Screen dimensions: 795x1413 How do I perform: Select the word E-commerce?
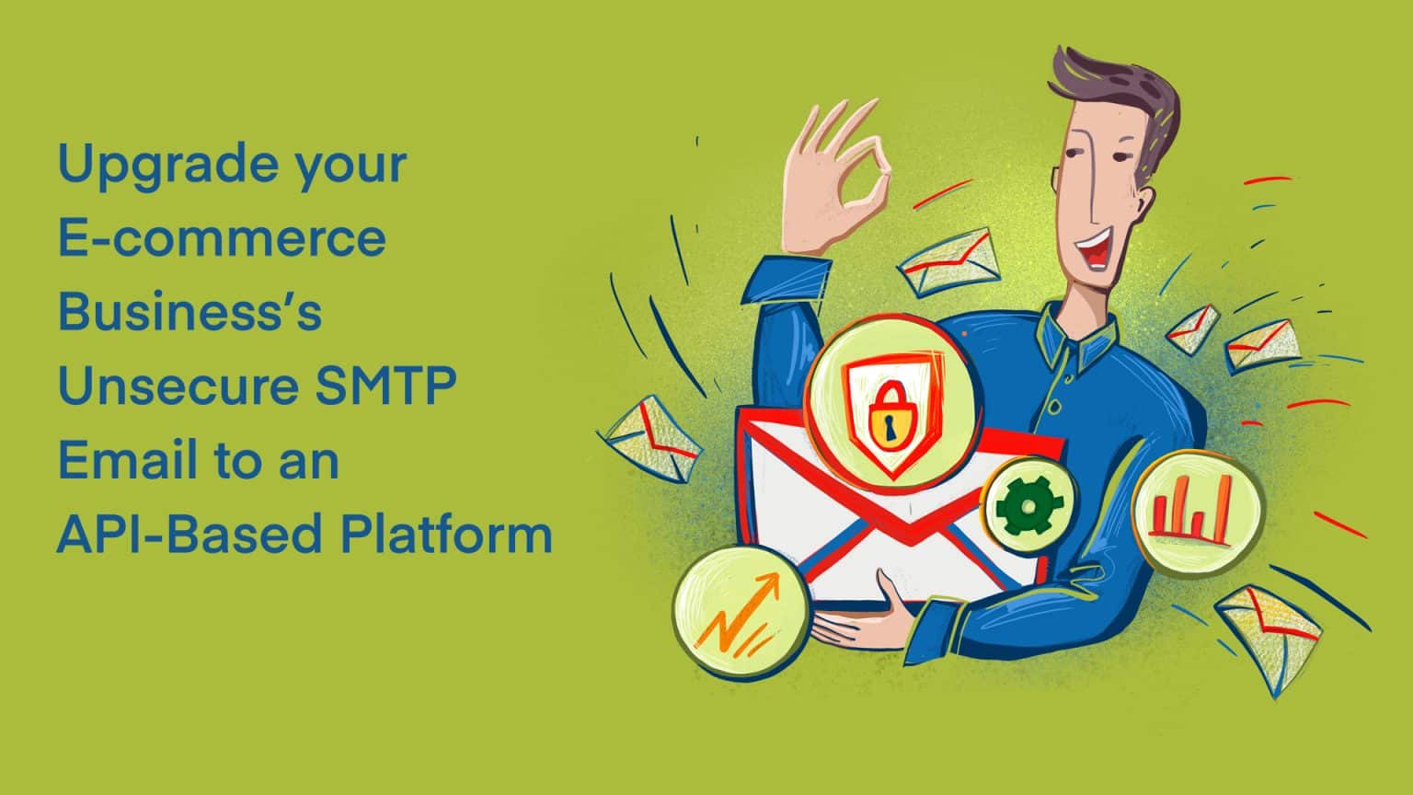point(222,237)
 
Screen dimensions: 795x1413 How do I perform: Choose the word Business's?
point(190,312)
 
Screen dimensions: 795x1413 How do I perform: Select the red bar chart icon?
point(1193,512)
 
